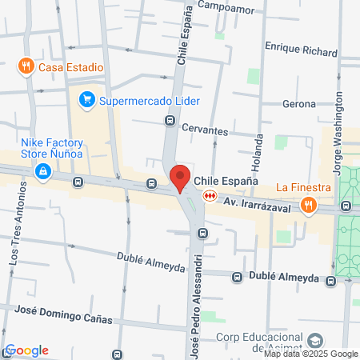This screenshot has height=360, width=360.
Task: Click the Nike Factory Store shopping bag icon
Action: (x=42, y=170)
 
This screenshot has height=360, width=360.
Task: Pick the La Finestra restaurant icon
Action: (x=308, y=205)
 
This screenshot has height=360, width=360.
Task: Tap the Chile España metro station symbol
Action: (x=210, y=194)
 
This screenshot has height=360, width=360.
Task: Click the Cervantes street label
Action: (x=206, y=131)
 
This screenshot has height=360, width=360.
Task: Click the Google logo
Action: (x=27, y=350)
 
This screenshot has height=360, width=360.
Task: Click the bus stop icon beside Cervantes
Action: (x=170, y=121)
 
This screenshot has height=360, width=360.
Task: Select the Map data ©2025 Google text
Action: (x=311, y=354)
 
